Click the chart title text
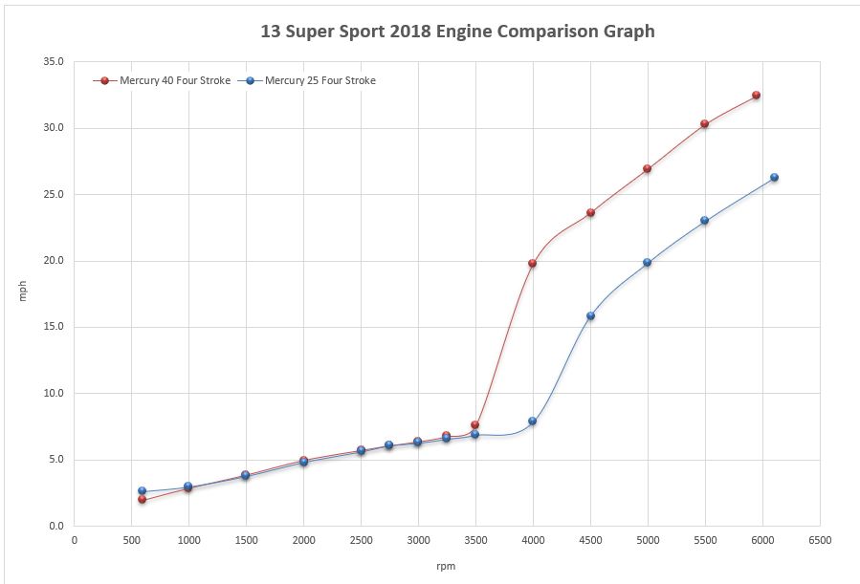tap(457, 31)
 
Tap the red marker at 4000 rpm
tap(532, 263)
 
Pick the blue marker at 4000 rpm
tap(532, 421)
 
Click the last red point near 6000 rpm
tap(756, 96)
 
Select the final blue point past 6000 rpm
tap(774, 177)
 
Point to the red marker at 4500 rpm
tap(590, 212)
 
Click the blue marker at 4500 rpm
tap(590, 315)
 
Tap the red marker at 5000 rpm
tap(648, 168)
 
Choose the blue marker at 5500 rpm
tap(705, 220)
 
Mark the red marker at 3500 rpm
tap(474, 424)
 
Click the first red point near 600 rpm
tap(142, 499)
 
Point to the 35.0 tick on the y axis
tap(55, 62)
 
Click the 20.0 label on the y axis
tap(55, 261)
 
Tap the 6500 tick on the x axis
tap(819, 539)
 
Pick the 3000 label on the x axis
tap(418, 539)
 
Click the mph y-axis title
tap(23, 293)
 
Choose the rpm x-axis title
tap(446, 567)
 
